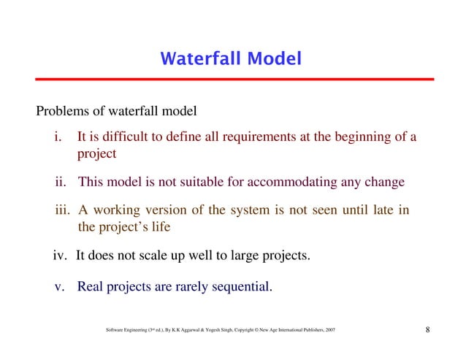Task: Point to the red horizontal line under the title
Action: (x=233, y=79)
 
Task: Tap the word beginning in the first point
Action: (x=343, y=137)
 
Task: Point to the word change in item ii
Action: (x=384, y=182)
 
